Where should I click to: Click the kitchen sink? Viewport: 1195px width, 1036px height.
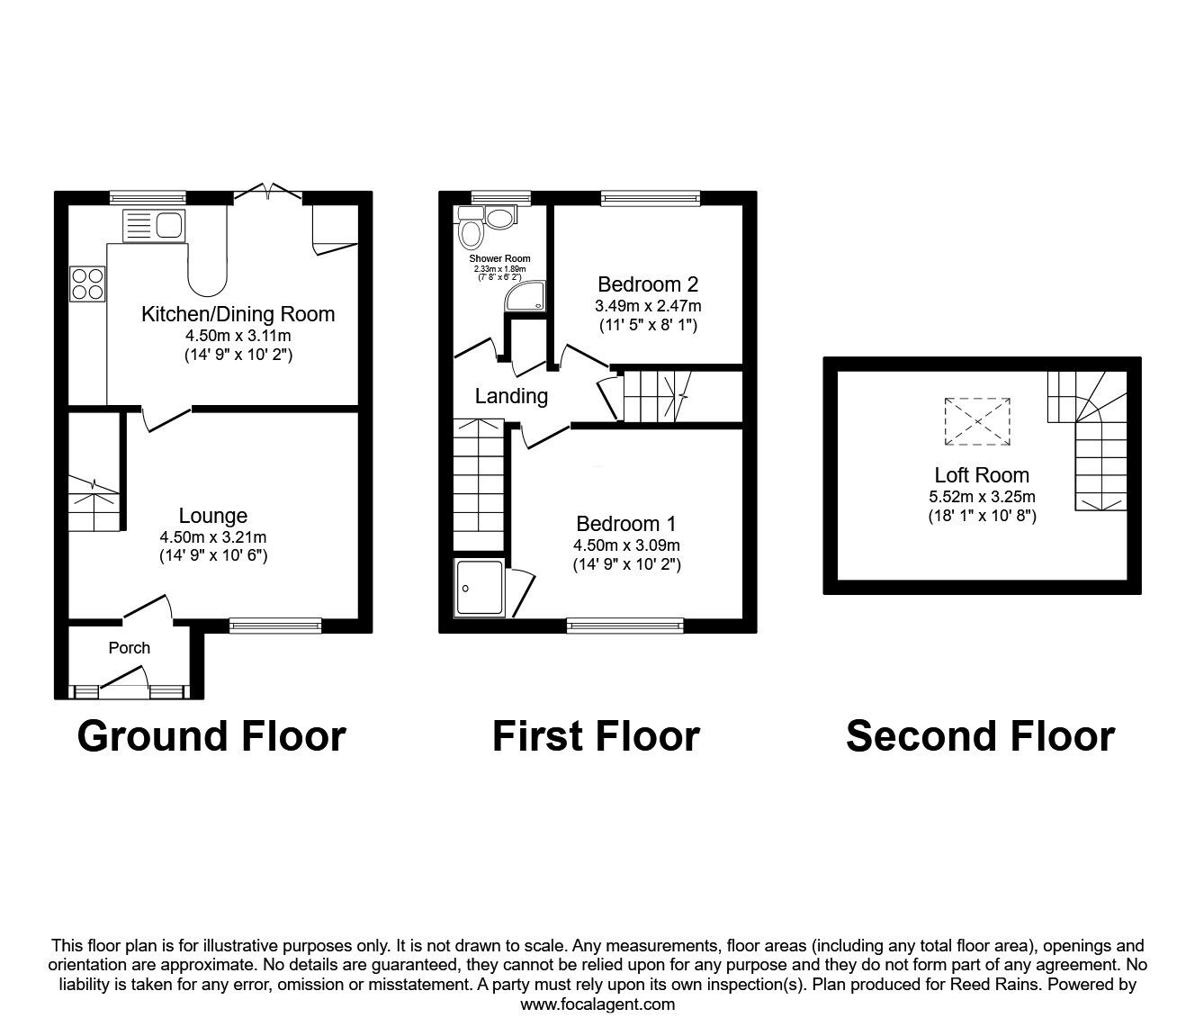[x=154, y=225]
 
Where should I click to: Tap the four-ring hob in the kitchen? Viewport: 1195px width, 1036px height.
[x=87, y=284]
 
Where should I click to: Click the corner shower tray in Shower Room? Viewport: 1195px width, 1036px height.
[x=526, y=296]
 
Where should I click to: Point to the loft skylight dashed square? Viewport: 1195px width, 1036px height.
[x=977, y=421]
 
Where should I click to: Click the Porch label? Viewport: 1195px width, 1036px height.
[x=130, y=648]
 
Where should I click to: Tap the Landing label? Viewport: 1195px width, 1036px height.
[x=511, y=396]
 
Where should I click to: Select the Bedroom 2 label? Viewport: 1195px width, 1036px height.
[x=648, y=284]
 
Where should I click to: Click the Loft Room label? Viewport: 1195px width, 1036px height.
[x=982, y=475]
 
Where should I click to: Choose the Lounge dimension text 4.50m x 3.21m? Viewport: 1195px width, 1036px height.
[x=213, y=536]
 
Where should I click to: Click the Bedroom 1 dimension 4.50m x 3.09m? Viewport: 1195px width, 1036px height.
[x=626, y=545]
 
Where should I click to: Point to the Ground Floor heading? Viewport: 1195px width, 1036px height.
[x=211, y=736]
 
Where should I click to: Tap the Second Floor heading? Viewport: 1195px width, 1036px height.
[x=981, y=736]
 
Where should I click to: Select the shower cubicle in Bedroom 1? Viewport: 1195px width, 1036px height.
[x=480, y=587]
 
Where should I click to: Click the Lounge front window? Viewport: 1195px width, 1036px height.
[x=275, y=626]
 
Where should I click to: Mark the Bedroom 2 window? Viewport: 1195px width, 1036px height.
[x=651, y=198]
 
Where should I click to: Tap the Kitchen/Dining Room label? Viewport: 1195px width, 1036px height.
[x=238, y=314]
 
